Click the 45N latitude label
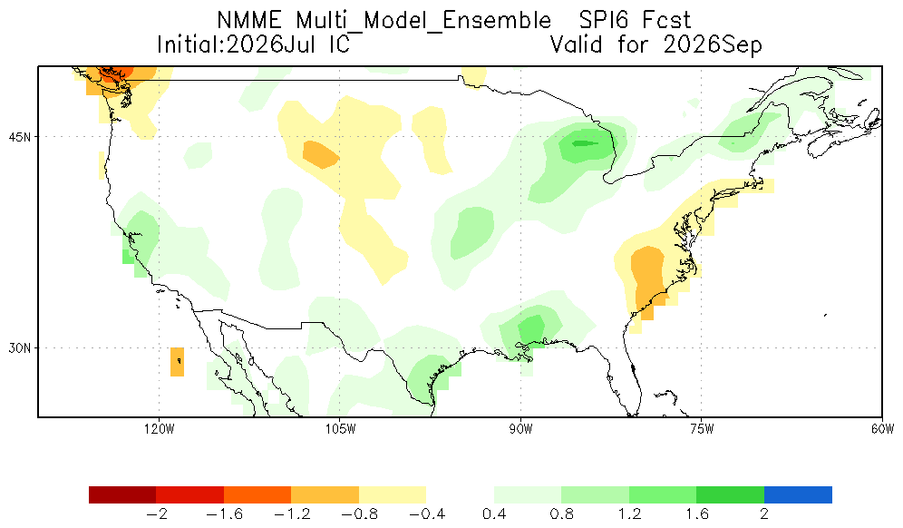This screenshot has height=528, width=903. (20, 137)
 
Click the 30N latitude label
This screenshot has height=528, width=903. (20, 348)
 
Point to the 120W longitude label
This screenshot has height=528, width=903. (160, 429)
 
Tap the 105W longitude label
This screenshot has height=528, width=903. (340, 429)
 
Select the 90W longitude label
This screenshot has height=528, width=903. (521, 429)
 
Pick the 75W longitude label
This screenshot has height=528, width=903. (702, 429)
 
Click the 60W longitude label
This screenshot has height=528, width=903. (882, 429)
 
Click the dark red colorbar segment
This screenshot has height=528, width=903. (122, 495)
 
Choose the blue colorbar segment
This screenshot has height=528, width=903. (798, 495)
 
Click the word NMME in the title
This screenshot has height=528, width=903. (249, 21)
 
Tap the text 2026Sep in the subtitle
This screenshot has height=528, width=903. (713, 45)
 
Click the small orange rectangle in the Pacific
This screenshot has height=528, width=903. (178, 362)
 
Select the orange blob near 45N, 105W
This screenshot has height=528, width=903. (321, 154)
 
